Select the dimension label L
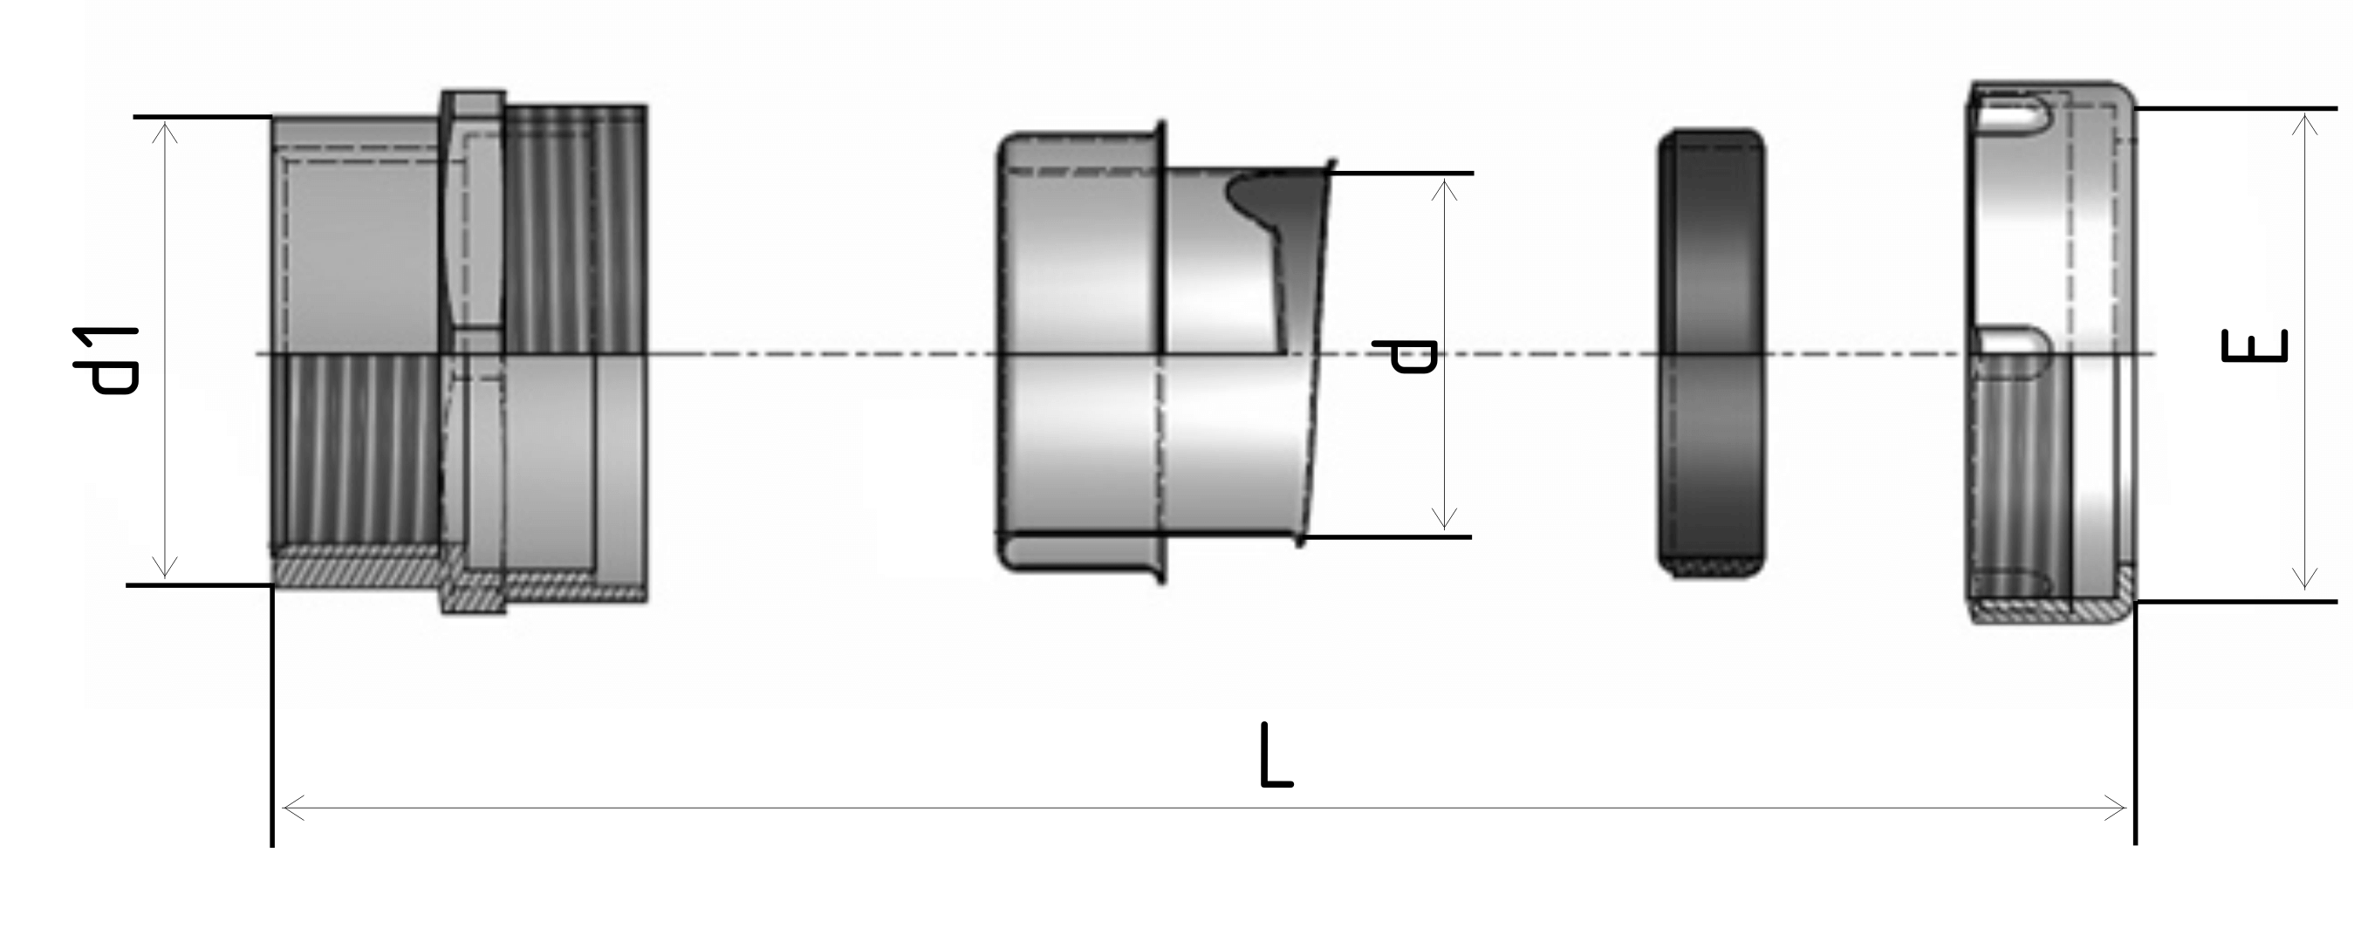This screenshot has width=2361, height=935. pyautogui.click(x=1276, y=755)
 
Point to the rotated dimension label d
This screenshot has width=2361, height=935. pyautogui.click(x=1404, y=356)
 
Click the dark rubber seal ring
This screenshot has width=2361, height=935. pyautogui.click(x=1711, y=353)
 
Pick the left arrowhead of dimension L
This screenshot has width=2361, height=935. pyautogui.click(x=293, y=808)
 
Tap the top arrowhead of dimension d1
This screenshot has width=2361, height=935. pyautogui.click(x=165, y=133)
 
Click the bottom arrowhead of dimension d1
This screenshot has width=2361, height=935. pyautogui.click(x=164, y=567)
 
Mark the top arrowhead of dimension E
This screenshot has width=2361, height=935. pyautogui.click(x=2305, y=126)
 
